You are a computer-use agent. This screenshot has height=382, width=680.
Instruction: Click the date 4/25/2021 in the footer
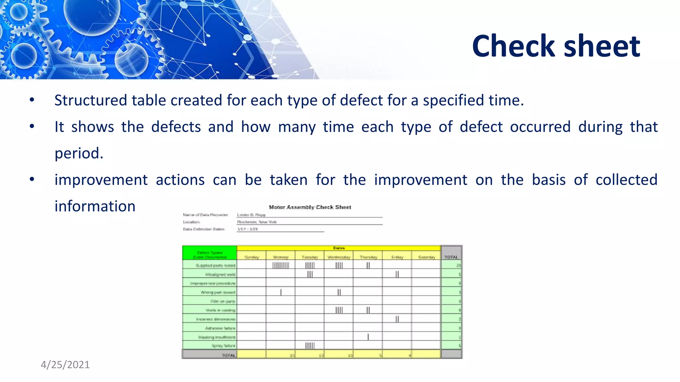coord(65,365)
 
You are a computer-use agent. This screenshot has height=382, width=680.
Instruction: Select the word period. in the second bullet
coord(79,154)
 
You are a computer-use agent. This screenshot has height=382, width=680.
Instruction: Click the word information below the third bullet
coord(95,206)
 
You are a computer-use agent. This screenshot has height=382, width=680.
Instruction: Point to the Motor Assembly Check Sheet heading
coord(310,207)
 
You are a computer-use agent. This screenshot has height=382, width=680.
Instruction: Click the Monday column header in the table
coord(281,257)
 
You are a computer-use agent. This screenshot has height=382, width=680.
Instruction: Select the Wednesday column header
coord(339,257)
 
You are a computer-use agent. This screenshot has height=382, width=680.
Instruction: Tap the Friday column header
coord(397,257)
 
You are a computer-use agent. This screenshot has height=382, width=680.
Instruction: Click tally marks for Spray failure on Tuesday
coord(310,346)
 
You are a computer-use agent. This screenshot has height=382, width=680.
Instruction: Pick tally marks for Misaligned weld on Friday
coord(397,274)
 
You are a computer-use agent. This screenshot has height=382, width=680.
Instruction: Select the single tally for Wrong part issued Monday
coord(281,292)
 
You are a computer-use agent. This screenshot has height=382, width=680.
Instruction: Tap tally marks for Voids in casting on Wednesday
coord(339,310)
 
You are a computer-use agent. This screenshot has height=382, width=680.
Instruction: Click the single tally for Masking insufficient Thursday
coord(368,337)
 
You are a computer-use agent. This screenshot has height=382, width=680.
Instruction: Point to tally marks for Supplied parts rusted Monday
coord(281,265)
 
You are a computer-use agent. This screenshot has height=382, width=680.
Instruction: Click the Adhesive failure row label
coord(220,328)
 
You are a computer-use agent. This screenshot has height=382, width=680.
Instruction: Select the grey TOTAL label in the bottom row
coord(228,355)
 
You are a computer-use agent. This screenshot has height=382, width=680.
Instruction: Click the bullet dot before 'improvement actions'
coord(32,179)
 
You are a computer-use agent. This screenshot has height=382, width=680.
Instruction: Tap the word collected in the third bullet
coord(626,180)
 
